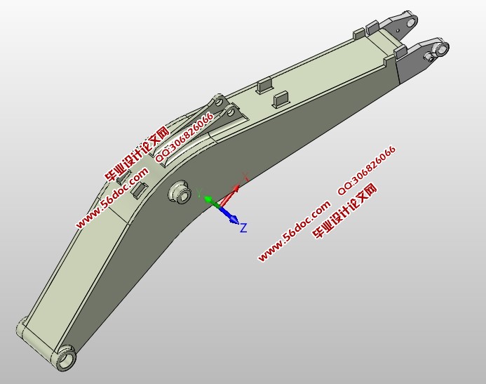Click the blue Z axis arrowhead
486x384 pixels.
235,219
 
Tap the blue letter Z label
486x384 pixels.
243,227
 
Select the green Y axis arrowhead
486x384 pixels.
208,199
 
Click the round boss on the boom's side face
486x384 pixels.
180,192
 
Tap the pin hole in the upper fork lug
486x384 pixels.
411,22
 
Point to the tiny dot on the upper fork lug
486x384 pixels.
398,30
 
